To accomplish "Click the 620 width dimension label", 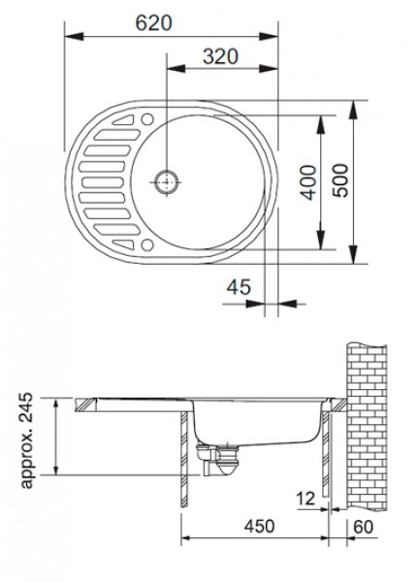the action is point(153,23).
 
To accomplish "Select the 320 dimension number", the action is point(220,57).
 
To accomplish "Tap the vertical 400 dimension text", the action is point(308,183).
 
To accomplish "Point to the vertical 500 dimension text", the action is point(340,180).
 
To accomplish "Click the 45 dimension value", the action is point(239,287).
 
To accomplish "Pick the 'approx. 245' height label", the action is point(26,440).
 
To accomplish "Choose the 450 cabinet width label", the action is point(260,526).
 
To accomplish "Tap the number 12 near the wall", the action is point(305,499).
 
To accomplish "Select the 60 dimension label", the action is point(363,527).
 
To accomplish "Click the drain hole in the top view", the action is point(166,182).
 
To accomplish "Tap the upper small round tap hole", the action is point(147,119).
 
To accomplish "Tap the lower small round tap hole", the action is point(147,245).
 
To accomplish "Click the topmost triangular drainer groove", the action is point(123,120).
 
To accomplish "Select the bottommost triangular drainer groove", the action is point(123,244).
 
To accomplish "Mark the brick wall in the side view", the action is point(367,427).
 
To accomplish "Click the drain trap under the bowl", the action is point(218,459).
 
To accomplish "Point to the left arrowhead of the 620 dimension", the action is point(74,37).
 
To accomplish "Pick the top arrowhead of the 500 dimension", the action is point(353,110).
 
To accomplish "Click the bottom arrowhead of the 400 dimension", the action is point(321,240).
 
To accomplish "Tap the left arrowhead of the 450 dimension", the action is point(190,537).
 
